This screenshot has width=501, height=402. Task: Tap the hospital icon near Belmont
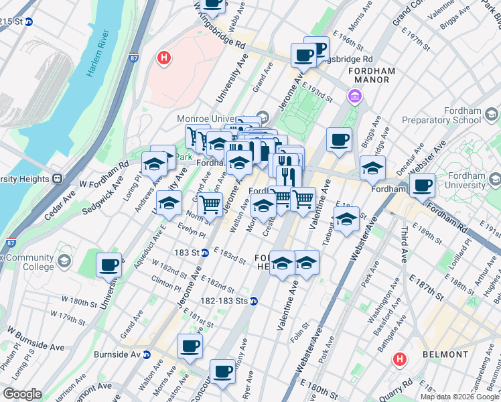400,359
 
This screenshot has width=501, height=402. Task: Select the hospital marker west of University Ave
163,58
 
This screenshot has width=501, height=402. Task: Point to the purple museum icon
353,98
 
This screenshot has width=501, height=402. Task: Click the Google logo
22,394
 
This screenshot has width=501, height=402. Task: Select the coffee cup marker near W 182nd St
109,264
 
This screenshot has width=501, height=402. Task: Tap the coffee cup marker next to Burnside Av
190,346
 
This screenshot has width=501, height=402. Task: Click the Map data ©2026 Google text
459,396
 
